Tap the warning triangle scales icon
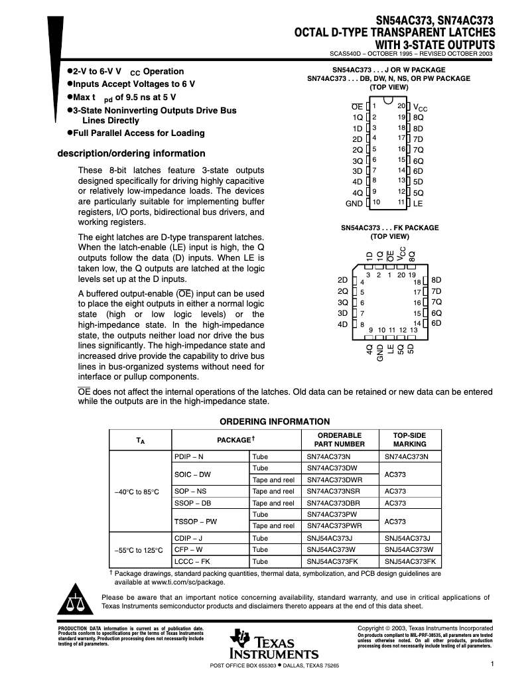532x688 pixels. (x=76, y=601)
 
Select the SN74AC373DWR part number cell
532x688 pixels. (x=334, y=480)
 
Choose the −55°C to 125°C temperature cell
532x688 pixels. (x=140, y=549)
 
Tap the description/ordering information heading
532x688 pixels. (x=131, y=153)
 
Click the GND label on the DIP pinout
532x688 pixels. (x=354, y=203)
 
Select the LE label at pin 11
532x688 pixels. (x=418, y=203)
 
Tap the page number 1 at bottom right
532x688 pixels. (x=492, y=663)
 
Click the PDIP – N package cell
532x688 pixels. (x=189, y=456)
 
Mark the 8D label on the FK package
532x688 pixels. (x=436, y=281)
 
